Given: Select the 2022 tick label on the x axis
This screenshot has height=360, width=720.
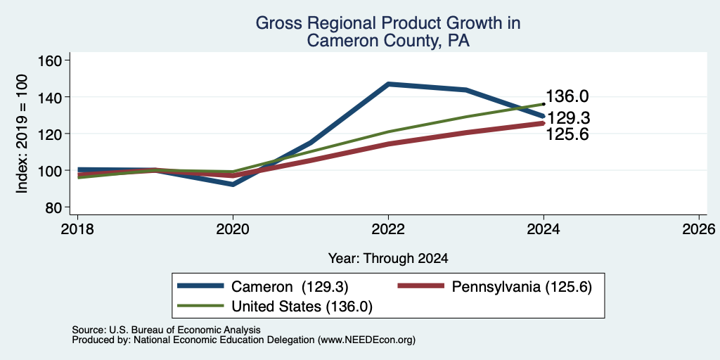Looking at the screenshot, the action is [388, 229].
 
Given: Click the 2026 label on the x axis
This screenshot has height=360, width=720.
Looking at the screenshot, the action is [699, 229].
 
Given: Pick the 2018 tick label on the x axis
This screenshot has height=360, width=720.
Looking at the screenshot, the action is [77, 229].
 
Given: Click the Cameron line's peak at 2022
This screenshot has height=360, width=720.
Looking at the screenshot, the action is [388, 84].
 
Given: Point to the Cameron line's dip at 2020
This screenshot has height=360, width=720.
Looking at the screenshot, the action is [233, 184].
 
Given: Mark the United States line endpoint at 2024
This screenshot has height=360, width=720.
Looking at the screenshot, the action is [544, 104].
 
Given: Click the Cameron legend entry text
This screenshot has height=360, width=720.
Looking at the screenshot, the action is [290, 287].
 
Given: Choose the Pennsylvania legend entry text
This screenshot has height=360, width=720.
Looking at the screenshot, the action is [522, 287].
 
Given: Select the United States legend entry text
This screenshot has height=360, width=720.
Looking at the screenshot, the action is [302, 307].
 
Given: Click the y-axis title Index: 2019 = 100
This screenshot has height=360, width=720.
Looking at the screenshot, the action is [22, 134].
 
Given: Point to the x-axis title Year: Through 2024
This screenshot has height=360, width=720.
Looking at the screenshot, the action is [388, 259].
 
